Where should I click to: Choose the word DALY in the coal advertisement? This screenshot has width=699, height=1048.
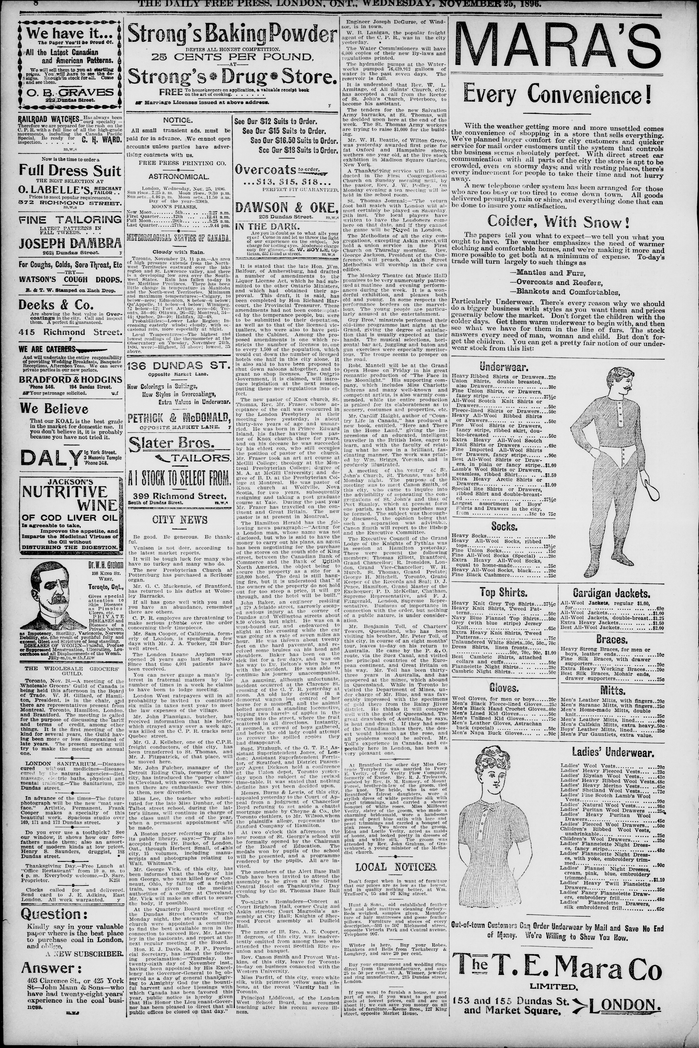(46, 458)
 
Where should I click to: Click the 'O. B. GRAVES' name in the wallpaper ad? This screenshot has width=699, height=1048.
(70, 92)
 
